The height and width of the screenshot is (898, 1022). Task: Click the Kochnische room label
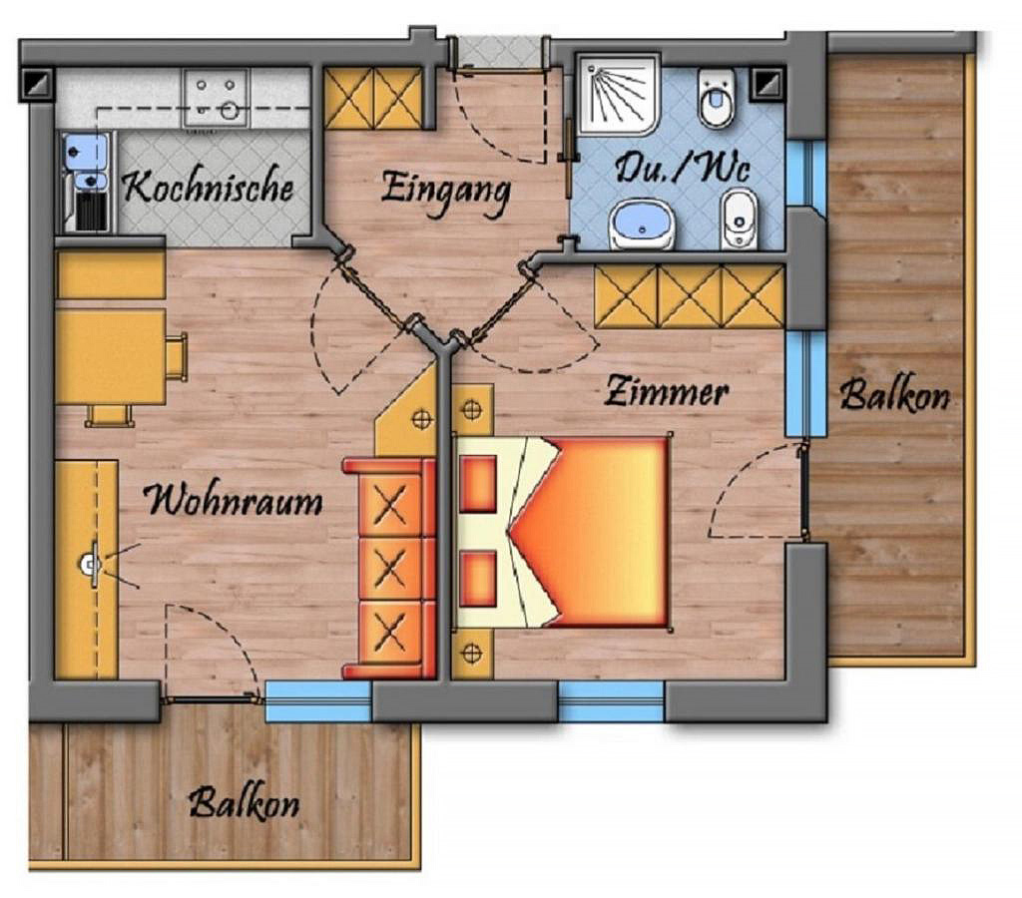pyautogui.click(x=208, y=187)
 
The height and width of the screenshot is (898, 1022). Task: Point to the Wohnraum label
pyautogui.click(x=234, y=501)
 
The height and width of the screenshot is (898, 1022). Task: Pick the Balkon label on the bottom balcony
pyautogui.click(x=245, y=803)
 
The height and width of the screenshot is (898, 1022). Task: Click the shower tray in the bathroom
pyautogui.click(x=618, y=95)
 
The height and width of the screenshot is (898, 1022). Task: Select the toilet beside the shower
pyautogui.click(x=717, y=99)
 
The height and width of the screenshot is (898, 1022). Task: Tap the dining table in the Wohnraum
pyautogui.click(x=110, y=357)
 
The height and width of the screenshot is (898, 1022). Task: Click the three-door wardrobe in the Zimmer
pyautogui.click(x=689, y=296)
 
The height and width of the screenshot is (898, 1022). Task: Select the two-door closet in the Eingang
pyautogui.click(x=373, y=98)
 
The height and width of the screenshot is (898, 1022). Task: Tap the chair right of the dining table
pyautogui.click(x=177, y=356)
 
